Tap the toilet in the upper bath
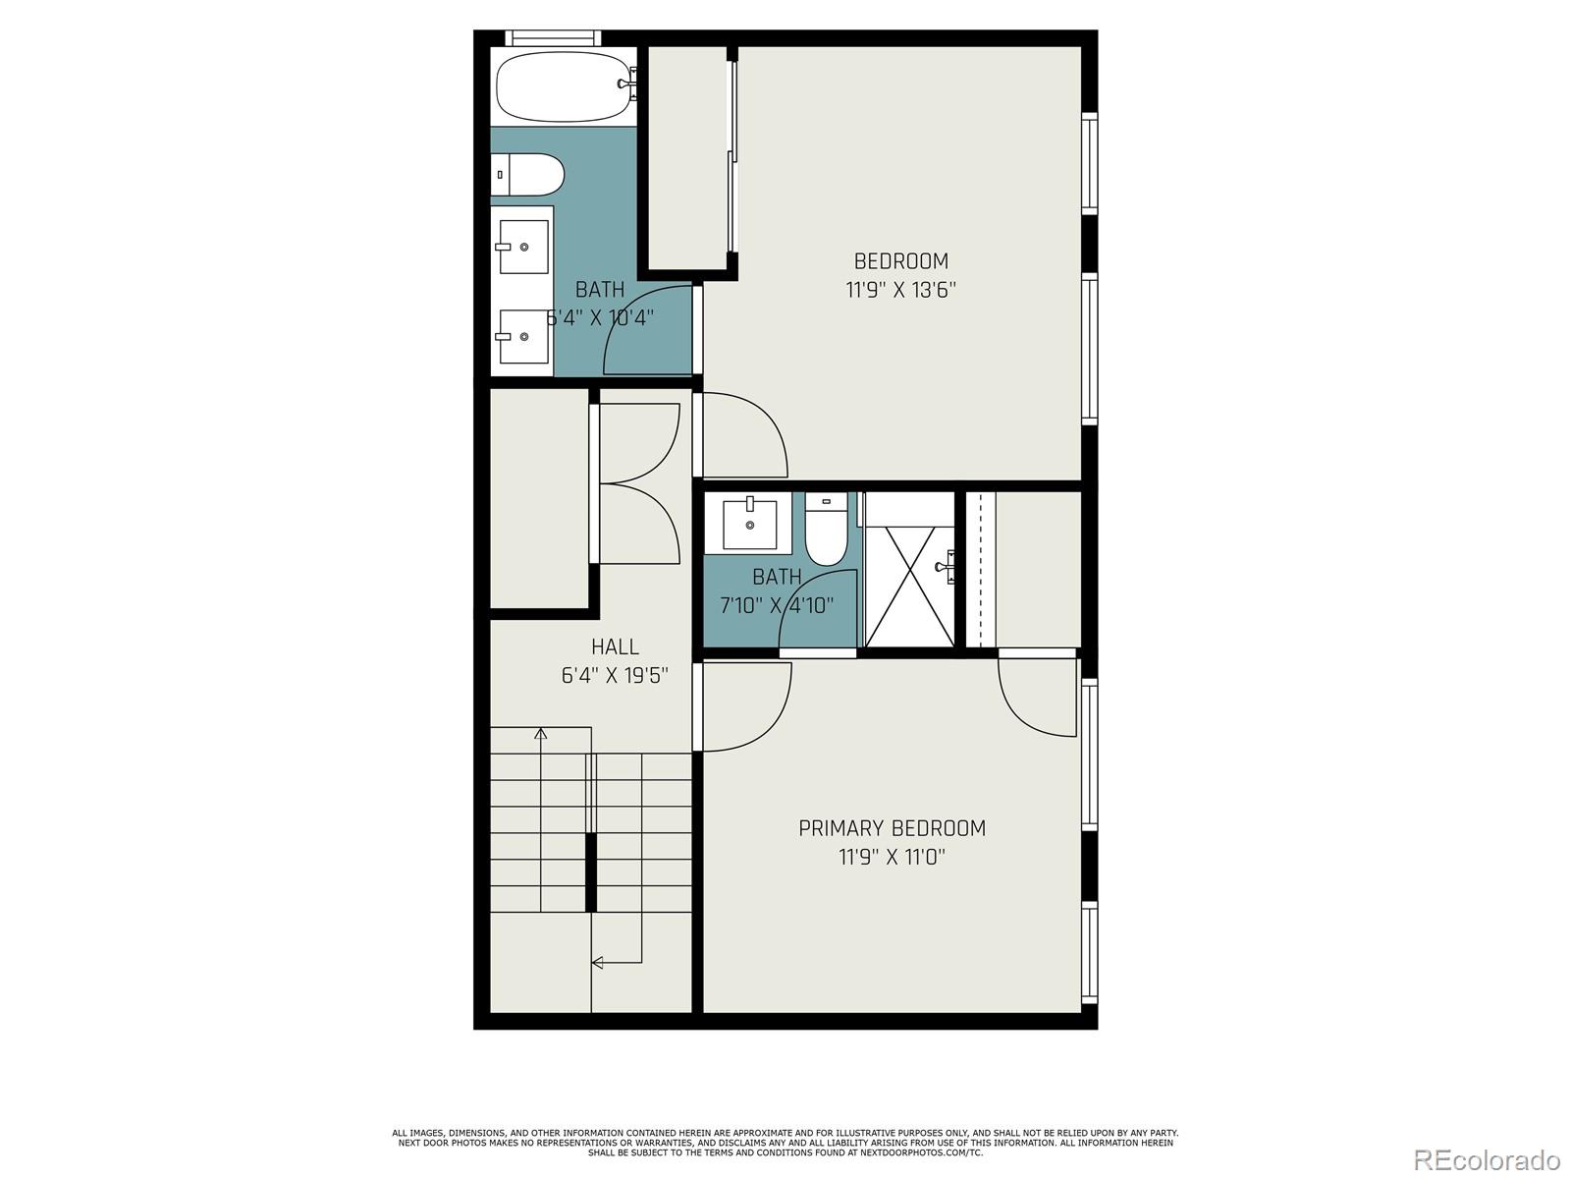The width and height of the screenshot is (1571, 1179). (x=528, y=176)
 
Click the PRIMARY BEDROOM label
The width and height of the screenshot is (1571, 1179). (x=892, y=828)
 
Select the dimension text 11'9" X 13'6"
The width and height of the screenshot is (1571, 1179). (x=900, y=290)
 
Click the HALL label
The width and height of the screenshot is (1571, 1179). (x=615, y=646)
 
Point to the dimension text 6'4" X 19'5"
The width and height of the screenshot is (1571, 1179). (x=615, y=676)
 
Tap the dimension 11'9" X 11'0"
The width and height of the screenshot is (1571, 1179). (x=892, y=857)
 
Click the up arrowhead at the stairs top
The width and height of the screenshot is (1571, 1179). (x=540, y=732)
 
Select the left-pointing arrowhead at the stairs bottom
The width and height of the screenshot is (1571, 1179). (x=596, y=962)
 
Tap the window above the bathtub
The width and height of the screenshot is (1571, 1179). (x=553, y=37)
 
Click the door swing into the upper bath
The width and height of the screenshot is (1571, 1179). (x=648, y=329)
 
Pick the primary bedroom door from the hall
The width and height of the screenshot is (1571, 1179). (x=743, y=705)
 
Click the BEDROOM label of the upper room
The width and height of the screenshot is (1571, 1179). (x=900, y=261)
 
